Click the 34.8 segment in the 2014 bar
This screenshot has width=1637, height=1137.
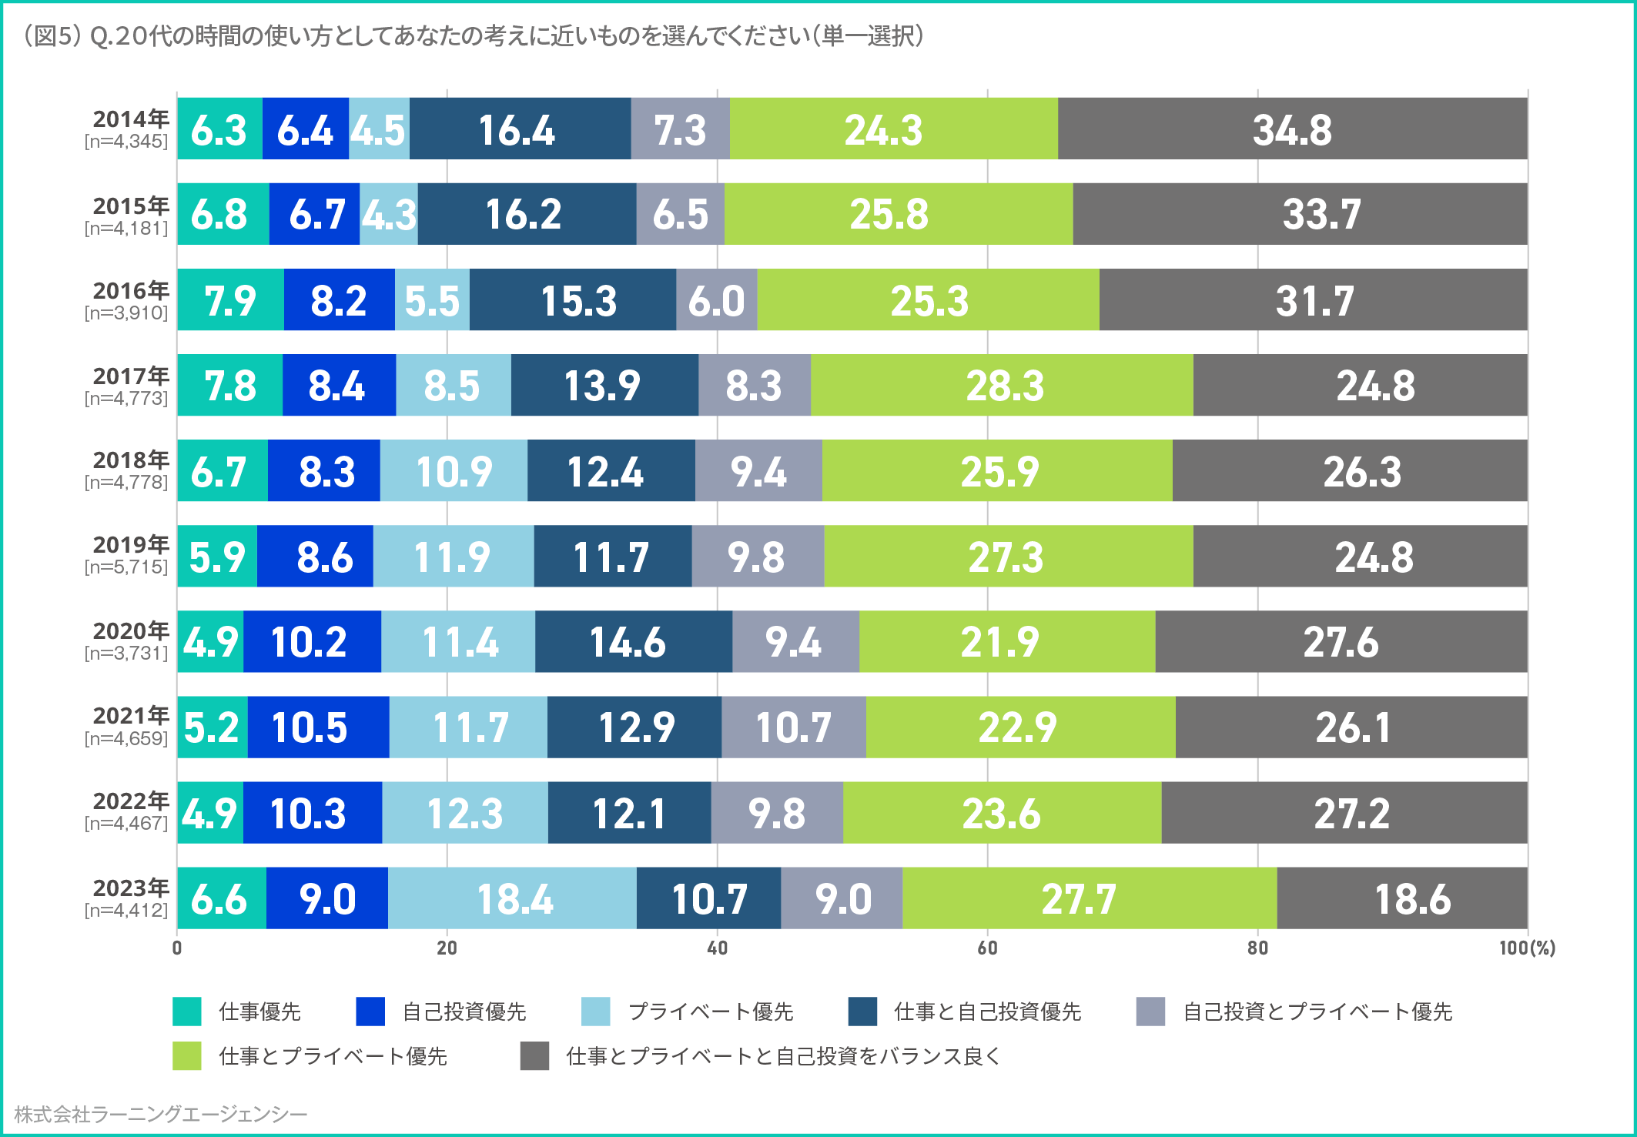click(x=1292, y=129)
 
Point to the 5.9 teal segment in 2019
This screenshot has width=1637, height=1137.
click(x=217, y=557)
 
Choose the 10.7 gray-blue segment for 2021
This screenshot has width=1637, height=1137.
click(x=793, y=727)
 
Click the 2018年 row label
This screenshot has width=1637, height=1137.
click(x=131, y=460)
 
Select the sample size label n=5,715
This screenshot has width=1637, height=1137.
click(x=126, y=567)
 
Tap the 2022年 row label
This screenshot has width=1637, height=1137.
click(x=131, y=801)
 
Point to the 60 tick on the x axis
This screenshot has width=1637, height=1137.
click(x=987, y=948)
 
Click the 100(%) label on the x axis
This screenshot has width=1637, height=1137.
click(x=1526, y=948)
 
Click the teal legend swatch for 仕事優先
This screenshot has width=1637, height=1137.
click(x=187, y=1012)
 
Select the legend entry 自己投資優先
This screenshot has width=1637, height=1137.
click(x=464, y=1012)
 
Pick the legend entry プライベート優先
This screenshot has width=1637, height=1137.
click(x=710, y=1012)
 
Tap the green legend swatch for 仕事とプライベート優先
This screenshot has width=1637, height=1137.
click(x=187, y=1056)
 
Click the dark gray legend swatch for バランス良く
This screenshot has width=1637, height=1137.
click(x=534, y=1056)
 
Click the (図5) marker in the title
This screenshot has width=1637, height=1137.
click(x=52, y=36)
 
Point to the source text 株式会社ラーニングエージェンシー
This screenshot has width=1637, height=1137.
click(x=160, y=1115)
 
